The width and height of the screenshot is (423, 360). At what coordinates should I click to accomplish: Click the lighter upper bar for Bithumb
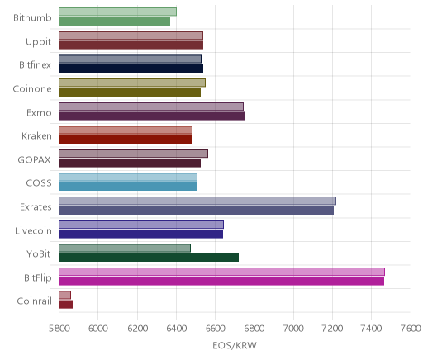[117, 12]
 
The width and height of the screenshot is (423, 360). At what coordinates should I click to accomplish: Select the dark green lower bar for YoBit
[149, 258]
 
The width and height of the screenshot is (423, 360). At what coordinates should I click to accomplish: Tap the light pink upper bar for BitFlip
[221, 272]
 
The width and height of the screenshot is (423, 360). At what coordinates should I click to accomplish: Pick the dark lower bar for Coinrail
[65, 305]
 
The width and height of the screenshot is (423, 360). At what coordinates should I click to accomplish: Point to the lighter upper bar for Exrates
[197, 201]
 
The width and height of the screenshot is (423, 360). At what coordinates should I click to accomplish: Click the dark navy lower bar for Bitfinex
[131, 69]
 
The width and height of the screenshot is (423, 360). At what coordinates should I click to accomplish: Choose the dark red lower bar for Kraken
[125, 140]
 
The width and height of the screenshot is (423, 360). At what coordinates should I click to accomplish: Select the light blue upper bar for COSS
[128, 178]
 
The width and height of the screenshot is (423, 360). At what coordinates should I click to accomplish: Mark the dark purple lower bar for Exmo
[152, 116]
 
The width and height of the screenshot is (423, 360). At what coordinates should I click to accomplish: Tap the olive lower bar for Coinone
[130, 92]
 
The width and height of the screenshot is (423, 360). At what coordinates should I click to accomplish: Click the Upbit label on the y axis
[38, 42]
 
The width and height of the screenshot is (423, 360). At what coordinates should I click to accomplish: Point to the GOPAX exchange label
[34, 159]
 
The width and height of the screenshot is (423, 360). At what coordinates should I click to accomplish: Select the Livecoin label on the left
[33, 230]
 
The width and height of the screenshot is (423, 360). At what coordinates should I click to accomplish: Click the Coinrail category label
[34, 301]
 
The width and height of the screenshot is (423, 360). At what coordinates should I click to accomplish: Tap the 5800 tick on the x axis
[59, 329]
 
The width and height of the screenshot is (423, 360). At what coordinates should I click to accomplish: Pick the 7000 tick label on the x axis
[293, 329]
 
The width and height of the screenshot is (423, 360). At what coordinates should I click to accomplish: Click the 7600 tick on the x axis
[411, 329]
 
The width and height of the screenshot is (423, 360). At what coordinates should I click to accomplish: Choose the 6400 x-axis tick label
[176, 329]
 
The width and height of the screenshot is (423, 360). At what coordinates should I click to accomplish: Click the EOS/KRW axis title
[235, 345]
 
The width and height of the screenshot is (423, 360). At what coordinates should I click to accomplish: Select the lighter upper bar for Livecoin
[141, 225]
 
